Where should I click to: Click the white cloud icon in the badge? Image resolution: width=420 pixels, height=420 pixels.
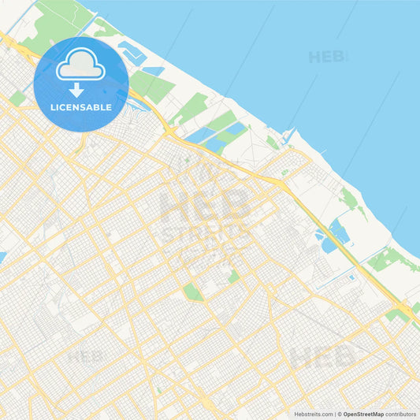tap(80, 65)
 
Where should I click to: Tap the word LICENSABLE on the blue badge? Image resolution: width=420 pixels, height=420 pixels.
tap(80, 107)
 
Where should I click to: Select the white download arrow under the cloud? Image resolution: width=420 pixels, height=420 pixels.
tap(76, 89)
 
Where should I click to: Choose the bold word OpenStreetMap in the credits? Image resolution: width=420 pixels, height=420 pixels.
tap(363, 414)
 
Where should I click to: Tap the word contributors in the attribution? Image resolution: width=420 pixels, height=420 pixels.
tap(400, 414)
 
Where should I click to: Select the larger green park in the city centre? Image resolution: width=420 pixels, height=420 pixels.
tap(192, 292)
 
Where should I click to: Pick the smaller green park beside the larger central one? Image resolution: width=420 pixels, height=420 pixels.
tap(233, 277)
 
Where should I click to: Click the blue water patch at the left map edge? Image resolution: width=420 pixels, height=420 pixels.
tap(2, 257)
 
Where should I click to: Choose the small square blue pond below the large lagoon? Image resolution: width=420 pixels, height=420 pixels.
tap(351, 277)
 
